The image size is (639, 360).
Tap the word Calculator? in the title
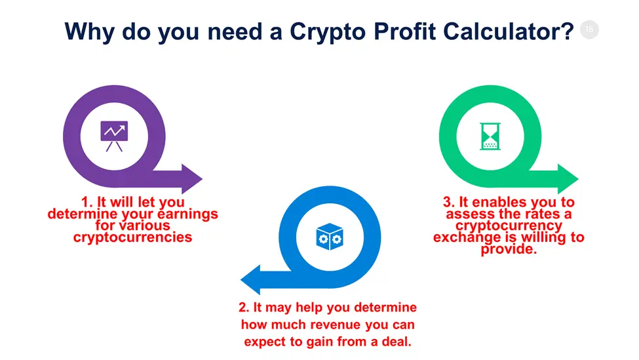pyautogui.click(x=509, y=31)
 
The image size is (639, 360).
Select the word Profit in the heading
pyautogui.click(x=404, y=31)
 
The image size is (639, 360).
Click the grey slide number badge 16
pyautogui.click(x=589, y=30)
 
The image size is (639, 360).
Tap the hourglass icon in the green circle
pyautogui.click(x=490, y=136)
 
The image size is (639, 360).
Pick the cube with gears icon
pyautogui.click(x=330, y=237)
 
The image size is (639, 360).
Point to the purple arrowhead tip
pyautogui.click(x=202, y=178)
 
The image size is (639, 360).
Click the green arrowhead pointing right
pyautogui.click(x=568, y=178)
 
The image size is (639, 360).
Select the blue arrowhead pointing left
pyautogui.click(x=250, y=280)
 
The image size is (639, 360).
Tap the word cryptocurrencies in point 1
pyautogui.click(x=132, y=237)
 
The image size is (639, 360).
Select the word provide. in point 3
pyautogui.click(x=509, y=249)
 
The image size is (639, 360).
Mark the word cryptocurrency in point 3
pyautogui.click(x=509, y=226)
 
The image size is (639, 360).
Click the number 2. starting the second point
pyautogui.click(x=244, y=308)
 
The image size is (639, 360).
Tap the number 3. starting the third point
pyautogui.click(x=449, y=202)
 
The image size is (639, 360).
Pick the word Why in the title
pyautogui.click(x=89, y=31)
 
